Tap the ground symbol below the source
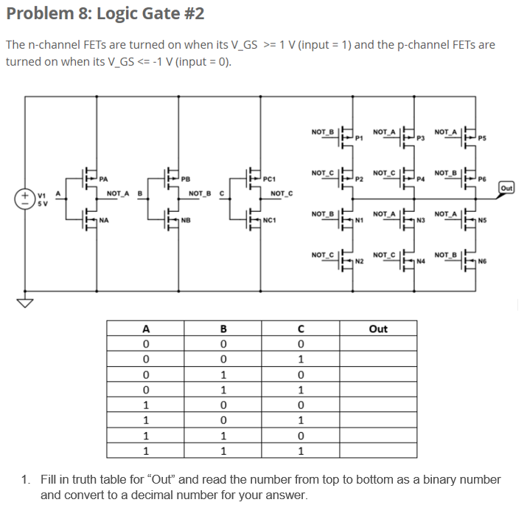(x=26, y=302)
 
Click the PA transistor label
(x=104, y=178)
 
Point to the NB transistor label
(x=186, y=220)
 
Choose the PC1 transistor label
(x=269, y=178)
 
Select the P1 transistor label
(x=360, y=137)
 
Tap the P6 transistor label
(x=484, y=179)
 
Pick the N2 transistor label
(x=360, y=261)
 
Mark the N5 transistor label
(x=484, y=220)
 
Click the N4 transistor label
(x=422, y=261)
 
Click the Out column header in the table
(x=378, y=329)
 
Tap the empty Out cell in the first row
(x=378, y=344)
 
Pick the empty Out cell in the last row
(x=378, y=450)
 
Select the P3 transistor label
(x=422, y=137)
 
